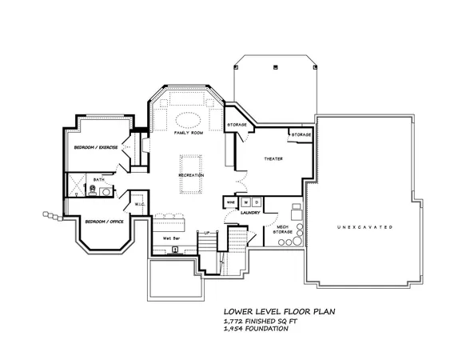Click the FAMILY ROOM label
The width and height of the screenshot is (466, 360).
189,143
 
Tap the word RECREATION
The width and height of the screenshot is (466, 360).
191,174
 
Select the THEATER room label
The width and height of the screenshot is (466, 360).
274,159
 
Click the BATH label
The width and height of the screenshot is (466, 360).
98,179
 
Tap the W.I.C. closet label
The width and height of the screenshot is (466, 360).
138,204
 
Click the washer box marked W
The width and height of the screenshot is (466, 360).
246,202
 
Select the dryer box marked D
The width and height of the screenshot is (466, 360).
257,202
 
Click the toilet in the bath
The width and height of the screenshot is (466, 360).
112,190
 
